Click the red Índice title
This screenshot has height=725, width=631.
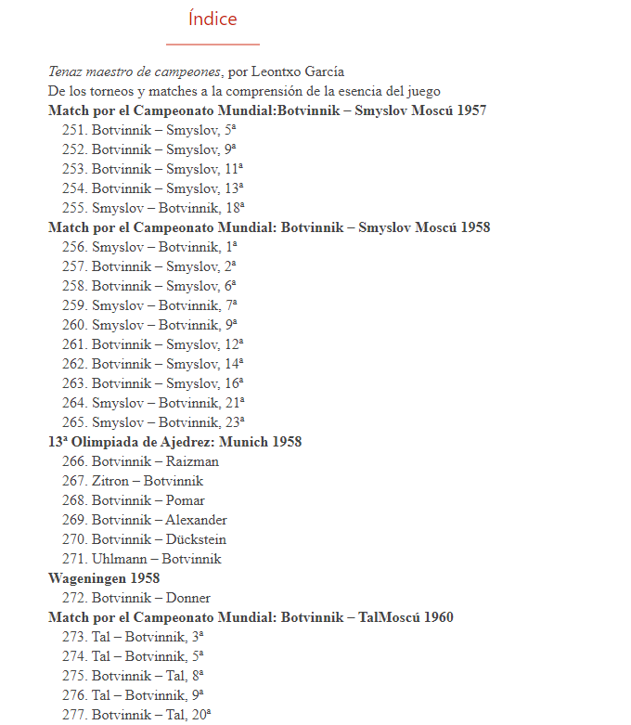[x=212, y=19]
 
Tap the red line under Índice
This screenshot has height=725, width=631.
[x=212, y=44]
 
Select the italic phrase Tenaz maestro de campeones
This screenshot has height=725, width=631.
[x=135, y=71]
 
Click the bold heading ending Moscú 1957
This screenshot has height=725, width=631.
[x=267, y=110]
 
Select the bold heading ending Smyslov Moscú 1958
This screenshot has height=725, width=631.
[x=269, y=227]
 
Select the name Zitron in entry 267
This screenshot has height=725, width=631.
[x=110, y=481]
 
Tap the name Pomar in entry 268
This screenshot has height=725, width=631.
[x=186, y=500]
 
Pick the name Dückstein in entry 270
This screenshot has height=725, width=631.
[x=196, y=539]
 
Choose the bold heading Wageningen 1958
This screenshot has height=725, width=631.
[x=104, y=578]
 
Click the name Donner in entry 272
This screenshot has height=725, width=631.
[x=188, y=598]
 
